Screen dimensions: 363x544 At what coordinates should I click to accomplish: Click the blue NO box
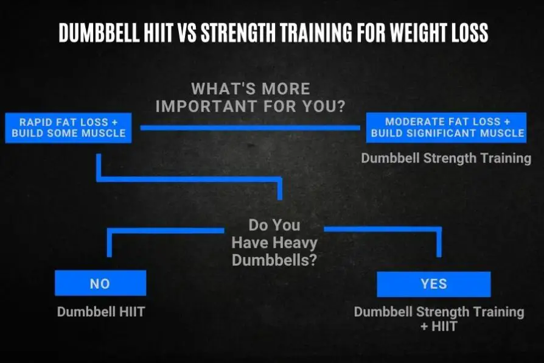(100, 283)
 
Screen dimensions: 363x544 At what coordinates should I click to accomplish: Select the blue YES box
(433, 284)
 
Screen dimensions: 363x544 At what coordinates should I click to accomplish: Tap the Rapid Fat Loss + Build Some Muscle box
(68, 127)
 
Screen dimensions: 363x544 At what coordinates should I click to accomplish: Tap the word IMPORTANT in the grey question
(204, 105)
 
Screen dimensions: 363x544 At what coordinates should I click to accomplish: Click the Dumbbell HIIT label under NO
(102, 311)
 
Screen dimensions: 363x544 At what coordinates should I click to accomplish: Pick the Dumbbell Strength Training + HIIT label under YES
(439, 319)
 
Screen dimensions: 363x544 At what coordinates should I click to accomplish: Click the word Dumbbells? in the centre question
(275, 260)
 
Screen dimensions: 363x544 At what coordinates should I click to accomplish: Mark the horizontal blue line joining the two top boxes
(249, 127)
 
